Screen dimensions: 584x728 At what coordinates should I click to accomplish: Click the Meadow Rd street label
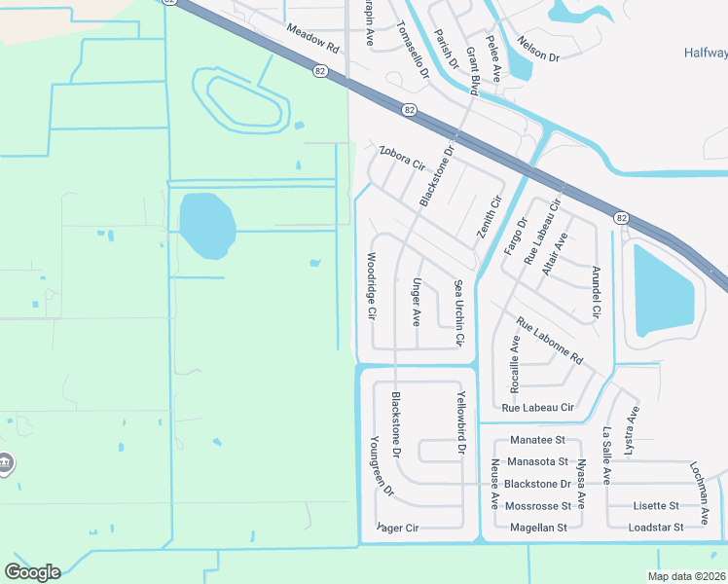pos(311,40)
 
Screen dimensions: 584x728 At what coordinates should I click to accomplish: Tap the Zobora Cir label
pos(402,158)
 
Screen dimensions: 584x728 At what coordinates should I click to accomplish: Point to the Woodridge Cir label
pos(371,287)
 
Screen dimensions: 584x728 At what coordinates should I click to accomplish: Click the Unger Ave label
pos(417,302)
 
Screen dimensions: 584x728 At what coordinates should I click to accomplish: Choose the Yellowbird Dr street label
pos(461,423)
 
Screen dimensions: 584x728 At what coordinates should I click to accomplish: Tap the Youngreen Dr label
pos(381,465)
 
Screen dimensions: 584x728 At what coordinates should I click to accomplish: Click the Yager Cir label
pos(398,528)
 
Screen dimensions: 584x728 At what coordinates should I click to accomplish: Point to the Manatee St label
pos(537,441)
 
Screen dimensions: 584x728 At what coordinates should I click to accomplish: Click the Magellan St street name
pos(538,528)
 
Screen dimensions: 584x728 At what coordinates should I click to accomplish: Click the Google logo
pos(32,572)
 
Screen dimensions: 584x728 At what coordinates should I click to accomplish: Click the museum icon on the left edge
pos(5,462)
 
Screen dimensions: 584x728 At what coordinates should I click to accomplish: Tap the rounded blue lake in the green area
pos(206,225)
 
